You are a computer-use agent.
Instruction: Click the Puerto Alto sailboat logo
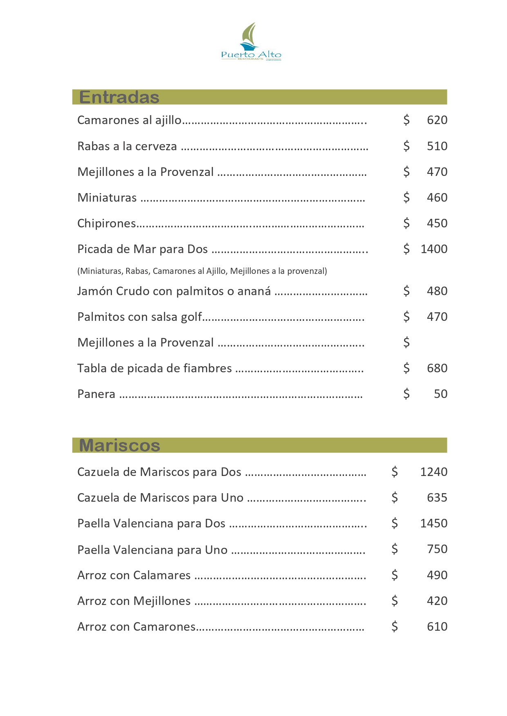click(251, 42)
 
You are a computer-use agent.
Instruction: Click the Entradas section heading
click(119, 97)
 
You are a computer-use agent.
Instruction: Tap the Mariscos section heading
click(119, 445)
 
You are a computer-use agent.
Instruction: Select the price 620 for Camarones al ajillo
click(437, 120)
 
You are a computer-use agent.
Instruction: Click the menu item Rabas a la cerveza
click(127, 146)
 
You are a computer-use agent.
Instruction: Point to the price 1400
click(434, 249)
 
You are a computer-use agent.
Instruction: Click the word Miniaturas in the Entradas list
click(107, 198)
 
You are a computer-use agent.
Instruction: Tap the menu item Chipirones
click(107, 223)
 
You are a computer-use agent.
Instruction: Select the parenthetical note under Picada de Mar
click(202, 271)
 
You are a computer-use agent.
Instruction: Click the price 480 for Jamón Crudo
click(437, 291)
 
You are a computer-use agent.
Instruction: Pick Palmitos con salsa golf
click(140, 317)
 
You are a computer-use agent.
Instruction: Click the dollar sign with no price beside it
click(406, 342)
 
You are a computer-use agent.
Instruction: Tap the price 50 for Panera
click(440, 394)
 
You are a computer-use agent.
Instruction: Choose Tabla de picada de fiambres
click(154, 368)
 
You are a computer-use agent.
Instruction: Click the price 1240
click(433, 472)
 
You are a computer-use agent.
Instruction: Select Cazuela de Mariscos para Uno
click(160, 498)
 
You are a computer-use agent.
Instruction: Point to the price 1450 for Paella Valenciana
click(433, 523)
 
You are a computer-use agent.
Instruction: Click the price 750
click(437, 549)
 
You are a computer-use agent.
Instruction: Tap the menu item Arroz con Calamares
click(134, 575)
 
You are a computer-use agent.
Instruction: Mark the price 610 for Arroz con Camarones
click(437, 627)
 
